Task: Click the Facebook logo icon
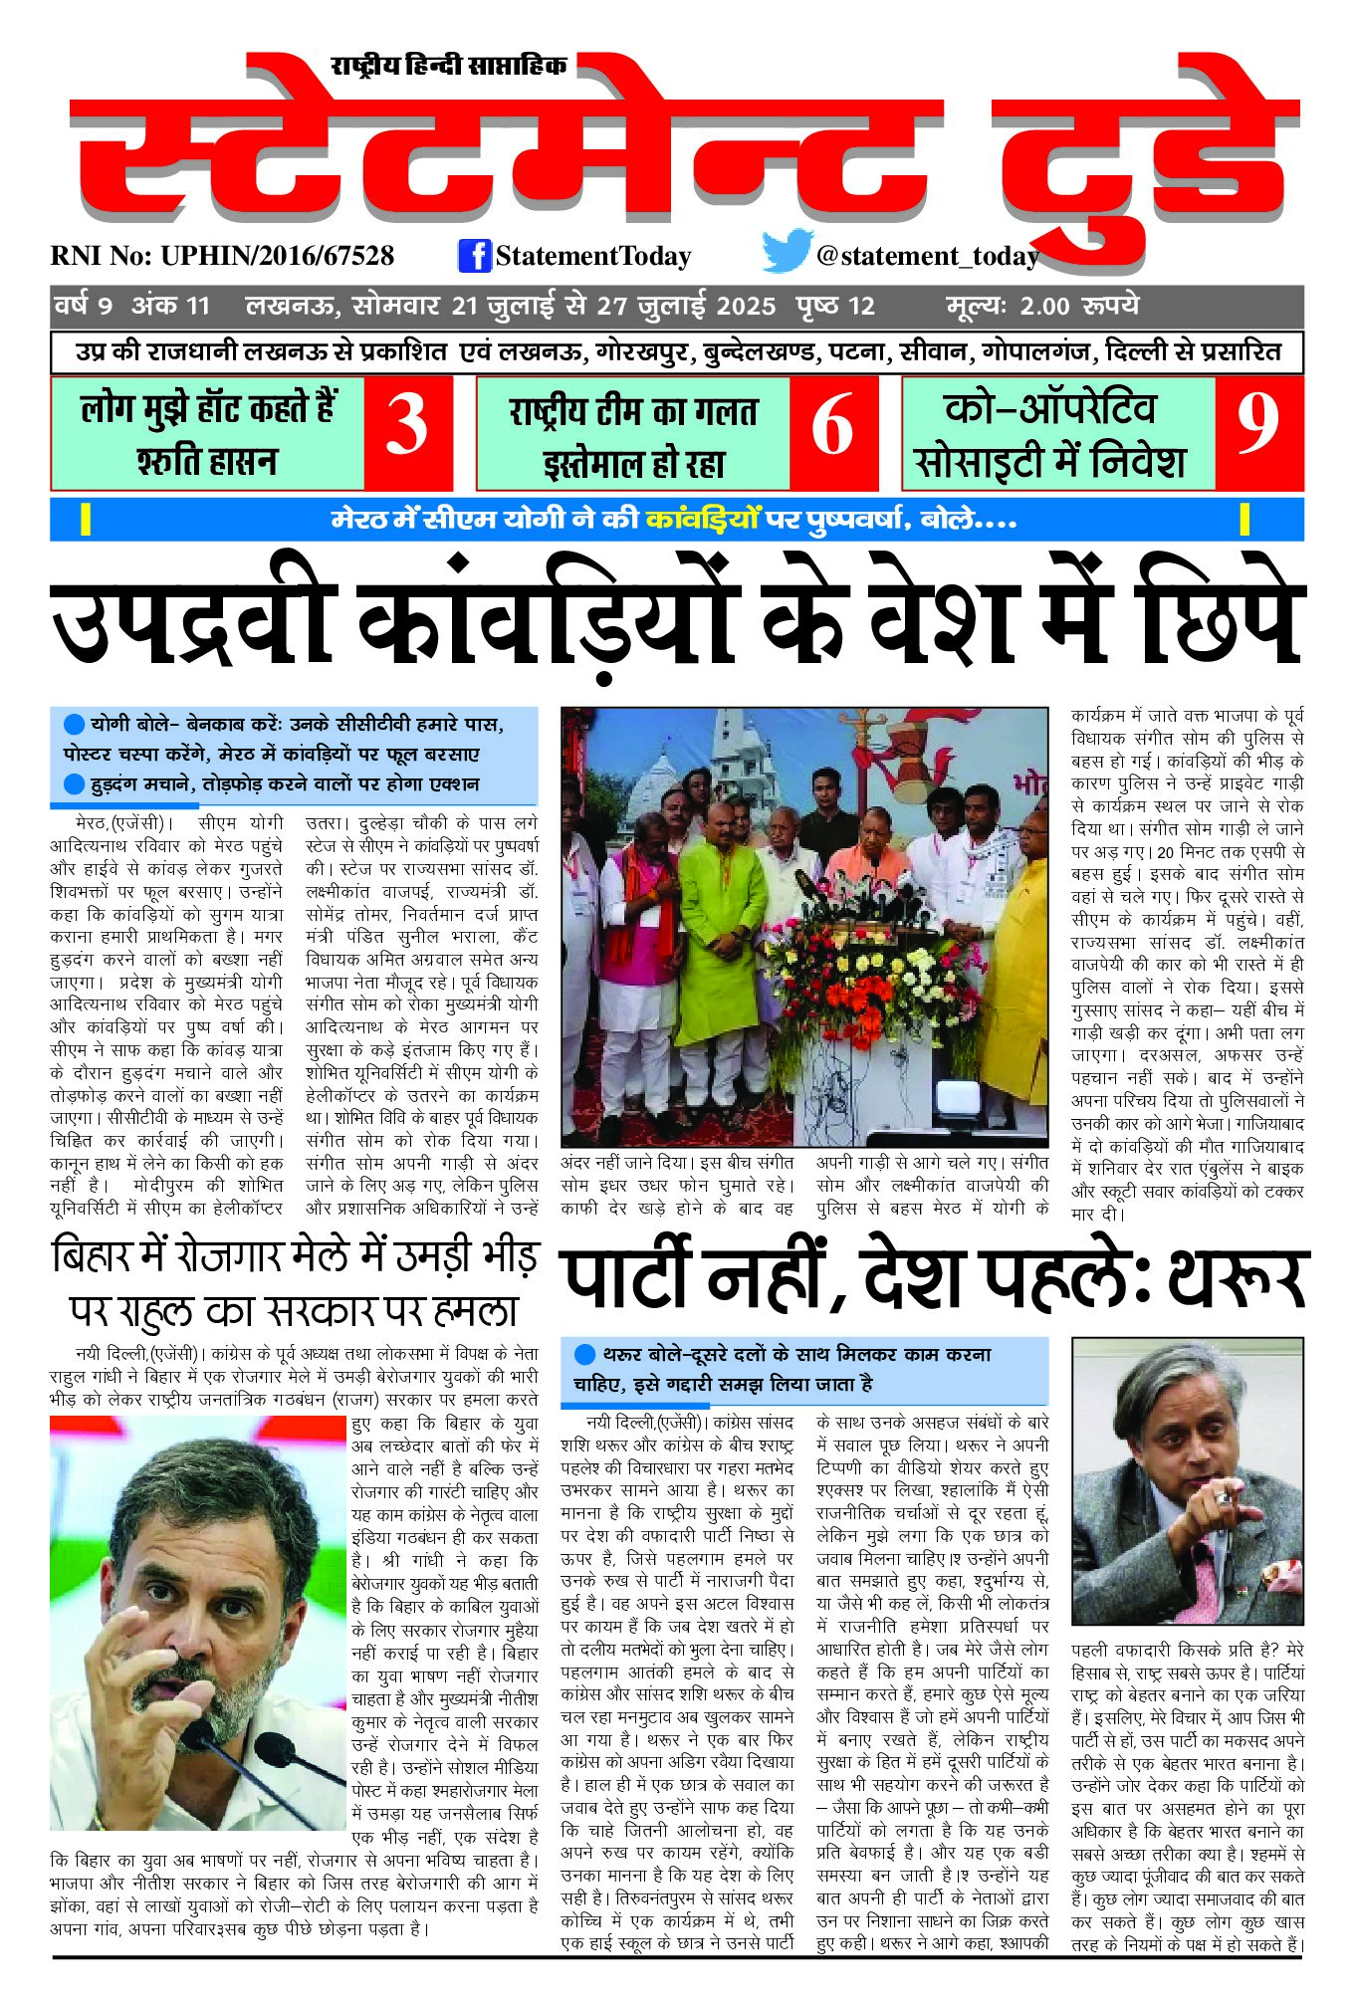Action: click(x=475, y=256)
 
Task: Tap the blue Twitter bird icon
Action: click(x=786, y=252)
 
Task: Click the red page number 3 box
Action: click(x=407, y=433)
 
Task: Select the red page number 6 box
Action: click(x=833, y=433)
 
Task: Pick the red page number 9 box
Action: click(x=1258, y=433)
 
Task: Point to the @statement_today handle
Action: click(x=927, y=256)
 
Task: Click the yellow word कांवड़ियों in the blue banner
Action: click(x=702, y=520)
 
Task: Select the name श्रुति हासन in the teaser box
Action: click(x=207, y=462)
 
